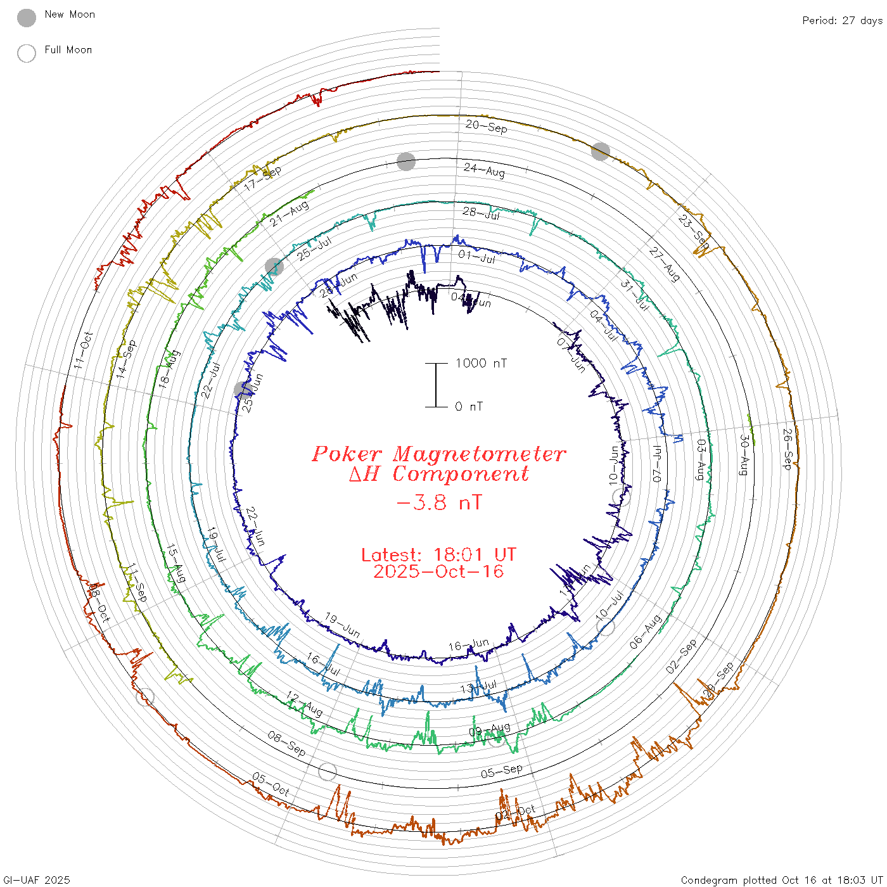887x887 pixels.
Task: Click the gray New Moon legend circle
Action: tap(27, 18)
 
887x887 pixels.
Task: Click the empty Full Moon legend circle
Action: tap(27, 53)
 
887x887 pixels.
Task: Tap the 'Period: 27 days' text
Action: tap(842, 21)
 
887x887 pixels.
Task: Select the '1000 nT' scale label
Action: tap(482, 363)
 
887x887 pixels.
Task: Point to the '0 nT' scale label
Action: tap(469, 407)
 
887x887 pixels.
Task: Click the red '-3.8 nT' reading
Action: tap(439, 503)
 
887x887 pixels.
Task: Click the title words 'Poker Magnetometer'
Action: tap(438, 454)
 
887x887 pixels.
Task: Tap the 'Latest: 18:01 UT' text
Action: tap(438, 555)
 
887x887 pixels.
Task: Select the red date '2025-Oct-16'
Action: tap(438, 571)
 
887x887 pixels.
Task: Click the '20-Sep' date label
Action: tap(487, 126)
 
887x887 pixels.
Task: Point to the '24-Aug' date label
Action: tap(485, 170)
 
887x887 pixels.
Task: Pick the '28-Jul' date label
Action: tap(482, 214)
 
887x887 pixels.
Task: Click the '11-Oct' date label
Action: tap(83, 350)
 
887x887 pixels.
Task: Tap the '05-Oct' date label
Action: tap(271, 784)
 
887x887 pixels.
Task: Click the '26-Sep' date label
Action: tap(788, 449)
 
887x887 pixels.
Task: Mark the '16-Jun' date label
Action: tap(469, 645)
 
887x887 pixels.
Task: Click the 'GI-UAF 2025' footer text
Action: tap(37, 880)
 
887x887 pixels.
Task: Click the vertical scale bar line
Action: tap(436, 385)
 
